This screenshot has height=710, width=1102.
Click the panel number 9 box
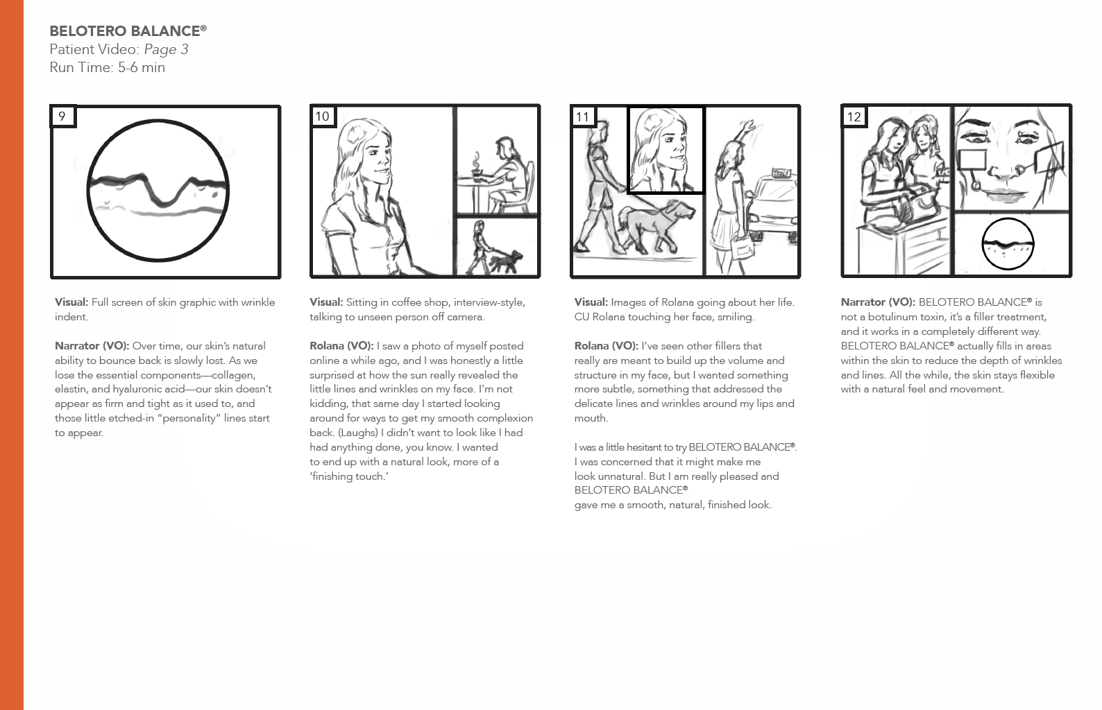tap(63, 116)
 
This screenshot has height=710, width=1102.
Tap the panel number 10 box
tap(323, 116)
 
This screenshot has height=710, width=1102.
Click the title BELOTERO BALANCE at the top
tap(128, 31)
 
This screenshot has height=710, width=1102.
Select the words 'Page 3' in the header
tap(167, 49)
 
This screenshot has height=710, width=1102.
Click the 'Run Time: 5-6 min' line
tap(108, 67)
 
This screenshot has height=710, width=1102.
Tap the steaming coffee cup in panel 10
tap(476, 170)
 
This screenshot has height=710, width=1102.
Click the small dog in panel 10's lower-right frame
tap(506, 261)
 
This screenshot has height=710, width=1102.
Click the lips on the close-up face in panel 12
tap(1003, 195)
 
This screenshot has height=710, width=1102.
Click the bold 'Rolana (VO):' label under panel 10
tap(341, 346)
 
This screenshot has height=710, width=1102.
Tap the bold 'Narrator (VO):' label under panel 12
tap(878, 302)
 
